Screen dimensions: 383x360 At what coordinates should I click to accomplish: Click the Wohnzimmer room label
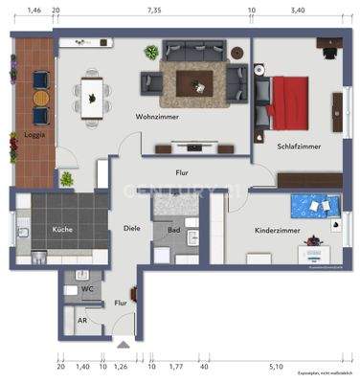(139, 117)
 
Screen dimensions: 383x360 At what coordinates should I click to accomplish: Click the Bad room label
(174, 231)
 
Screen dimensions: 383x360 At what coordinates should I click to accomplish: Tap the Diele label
(132, 227)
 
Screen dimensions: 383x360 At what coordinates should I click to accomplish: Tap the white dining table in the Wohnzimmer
(92, 93)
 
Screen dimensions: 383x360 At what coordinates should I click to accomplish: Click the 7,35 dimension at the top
(153, 9)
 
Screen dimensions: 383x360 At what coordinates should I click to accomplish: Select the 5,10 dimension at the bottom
(277, 365)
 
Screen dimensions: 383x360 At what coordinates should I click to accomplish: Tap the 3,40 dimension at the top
(298, 9)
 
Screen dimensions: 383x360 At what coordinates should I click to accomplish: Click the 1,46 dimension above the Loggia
(34, 9)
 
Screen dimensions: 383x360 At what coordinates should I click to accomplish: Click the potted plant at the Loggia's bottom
(67, 178)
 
